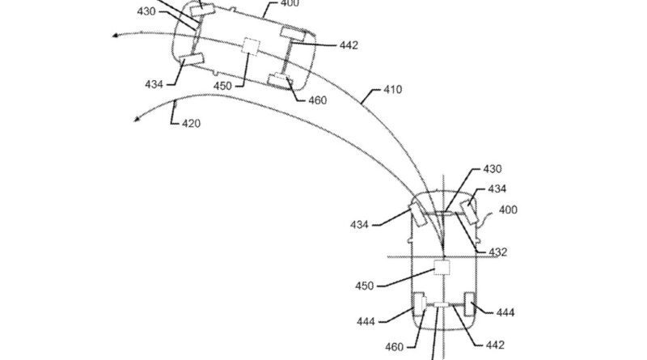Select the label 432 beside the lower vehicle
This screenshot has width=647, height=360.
pos(499,252)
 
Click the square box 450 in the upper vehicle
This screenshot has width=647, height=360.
pos(251,46)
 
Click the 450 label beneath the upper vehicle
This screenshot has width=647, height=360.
pos(223,86)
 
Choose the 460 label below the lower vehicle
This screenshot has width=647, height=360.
pos(393,348)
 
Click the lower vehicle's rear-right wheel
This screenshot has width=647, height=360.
pos(467,308)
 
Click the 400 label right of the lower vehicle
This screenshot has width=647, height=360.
pos(507,210)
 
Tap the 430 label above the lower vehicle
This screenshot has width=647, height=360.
pos(492,169)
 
